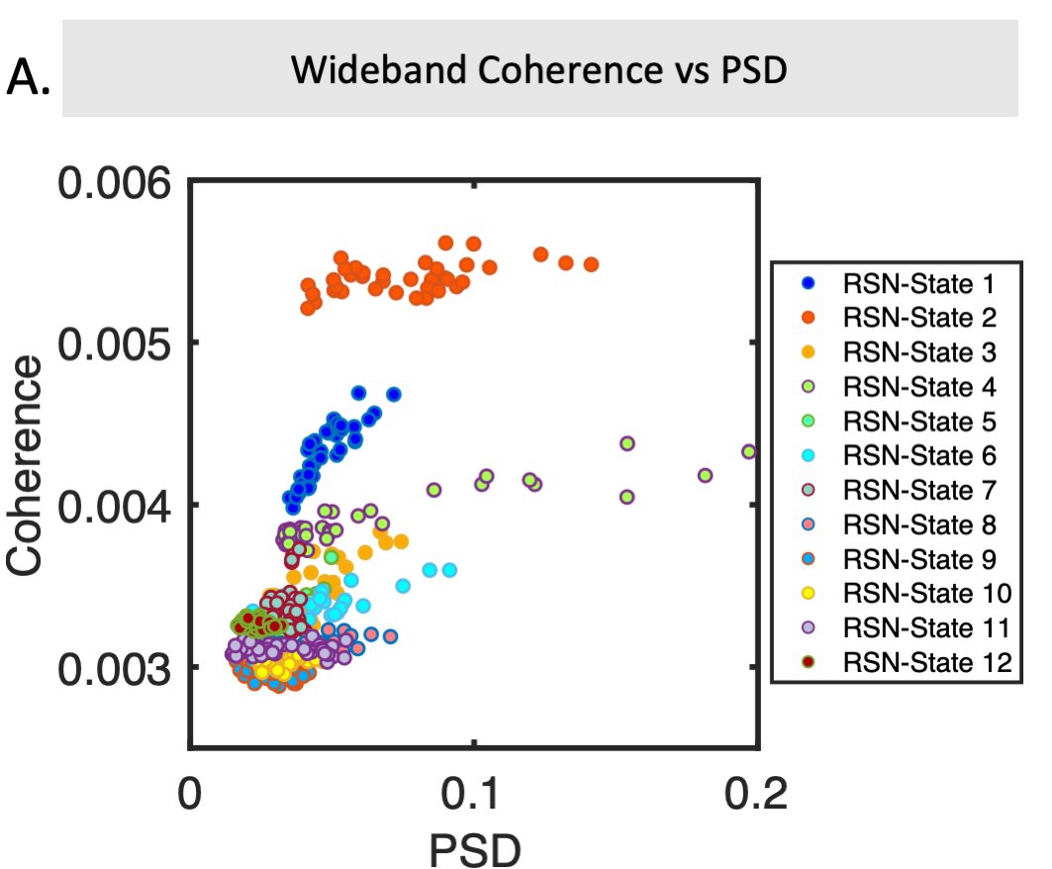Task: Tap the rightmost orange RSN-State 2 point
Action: [591, 264]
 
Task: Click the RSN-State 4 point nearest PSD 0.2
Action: [749, 451]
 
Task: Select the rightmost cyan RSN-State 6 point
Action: [449, 570]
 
